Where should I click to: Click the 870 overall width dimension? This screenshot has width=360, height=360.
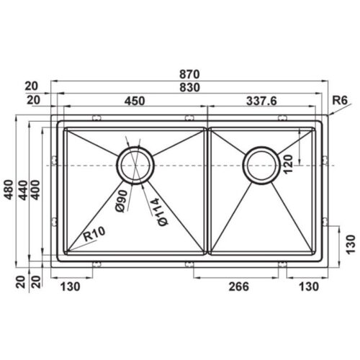(x=189, y=74)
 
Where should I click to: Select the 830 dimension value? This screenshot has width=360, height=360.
(x=189, y=88)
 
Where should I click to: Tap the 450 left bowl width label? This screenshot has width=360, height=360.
(x=135, y=101)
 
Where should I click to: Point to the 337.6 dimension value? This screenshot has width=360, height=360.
(x=261, y=101)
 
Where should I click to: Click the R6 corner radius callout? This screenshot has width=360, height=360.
(x=340, y=100)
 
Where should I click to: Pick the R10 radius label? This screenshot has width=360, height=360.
(x=94, y=234)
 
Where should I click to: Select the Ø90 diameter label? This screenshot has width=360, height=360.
(x=122, y=201)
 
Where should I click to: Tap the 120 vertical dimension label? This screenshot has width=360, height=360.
(x=288, y=164)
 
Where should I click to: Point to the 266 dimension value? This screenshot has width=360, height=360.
(x=239, y=287)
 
